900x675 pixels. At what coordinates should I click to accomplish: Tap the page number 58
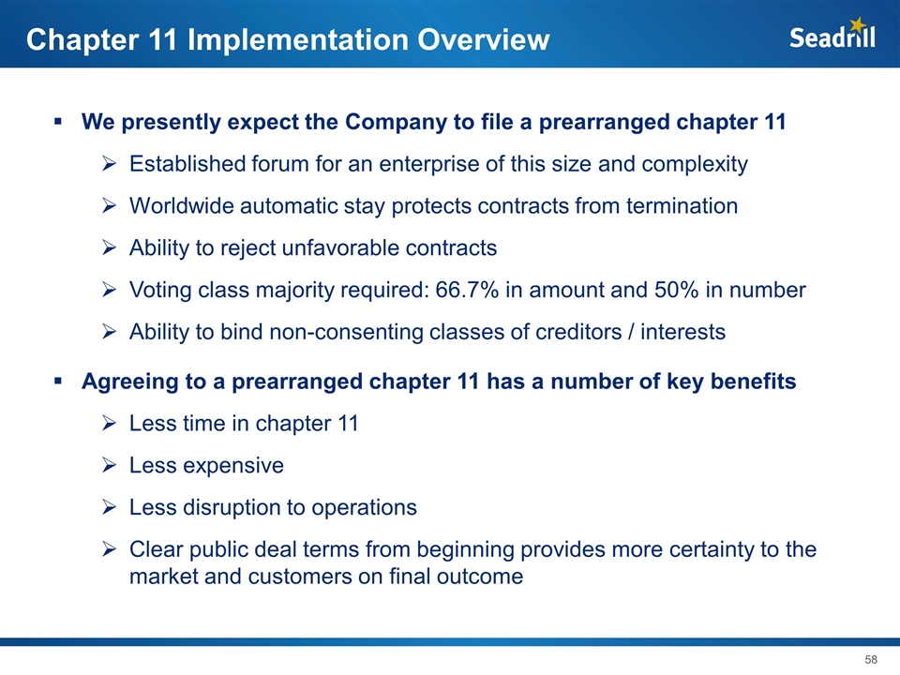[x=871, y=659]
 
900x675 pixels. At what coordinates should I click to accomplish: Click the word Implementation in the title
[x=298, y=40]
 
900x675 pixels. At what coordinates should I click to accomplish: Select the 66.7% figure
[x=467, y=290]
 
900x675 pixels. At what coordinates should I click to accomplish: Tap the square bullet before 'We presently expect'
[x=58, y=121]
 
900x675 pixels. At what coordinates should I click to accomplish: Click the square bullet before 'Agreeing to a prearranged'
[x=58, y=381]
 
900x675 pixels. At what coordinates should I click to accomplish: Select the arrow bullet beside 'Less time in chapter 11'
[x=109, y=424]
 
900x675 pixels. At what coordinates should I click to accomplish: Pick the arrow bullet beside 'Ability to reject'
[x=109, y=247]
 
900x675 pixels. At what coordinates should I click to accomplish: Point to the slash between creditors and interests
[x=631, y=332]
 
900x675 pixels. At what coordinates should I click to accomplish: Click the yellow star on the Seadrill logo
[x=858, y=24]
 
